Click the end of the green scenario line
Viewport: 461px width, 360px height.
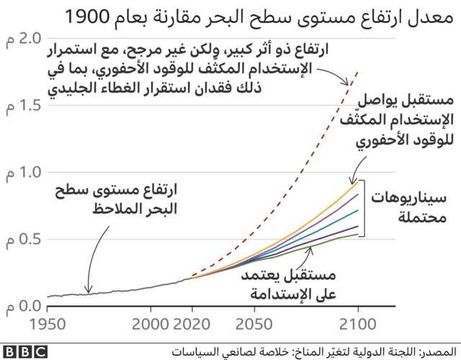point(358,234)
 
